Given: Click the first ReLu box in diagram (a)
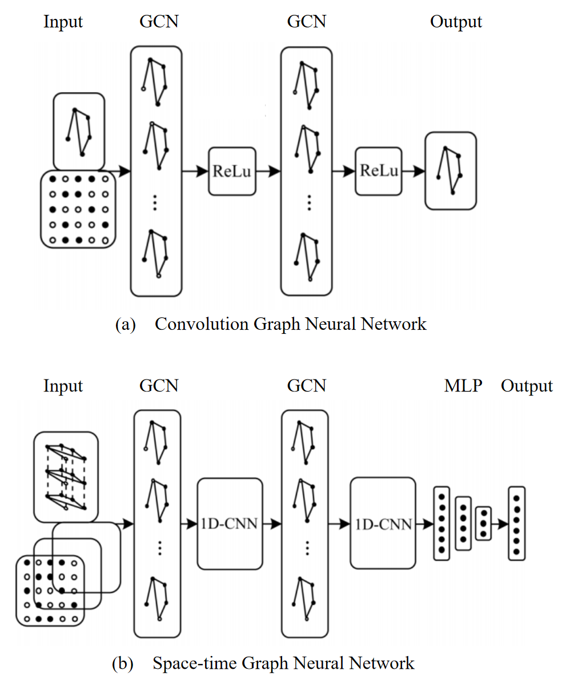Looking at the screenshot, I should (x=232, y=171).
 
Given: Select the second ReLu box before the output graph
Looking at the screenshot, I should (x=378, y=171).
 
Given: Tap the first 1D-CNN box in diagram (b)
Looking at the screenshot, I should (x=230, y=524).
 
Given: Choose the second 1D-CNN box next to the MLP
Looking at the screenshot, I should (x=382, y=524).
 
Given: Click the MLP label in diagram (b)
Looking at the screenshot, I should (x=463, y=386).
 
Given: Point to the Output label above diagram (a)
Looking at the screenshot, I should (x=456, y=22).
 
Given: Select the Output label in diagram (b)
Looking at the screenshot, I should (x=527, y=386).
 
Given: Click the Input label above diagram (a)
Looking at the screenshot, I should (x=63, y=22).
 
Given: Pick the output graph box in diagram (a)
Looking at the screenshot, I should (x=450, y=171).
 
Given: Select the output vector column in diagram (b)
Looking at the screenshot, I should (x=516, y=524).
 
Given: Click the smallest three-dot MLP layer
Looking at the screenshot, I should (x=483, y=523).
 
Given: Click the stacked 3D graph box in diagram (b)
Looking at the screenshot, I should (x=66, y=477).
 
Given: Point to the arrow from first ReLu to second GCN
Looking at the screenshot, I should (x=268, y=171).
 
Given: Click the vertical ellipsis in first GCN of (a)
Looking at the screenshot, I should (x=155, y=203).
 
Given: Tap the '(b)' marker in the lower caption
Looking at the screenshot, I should (x=123, y=664).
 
